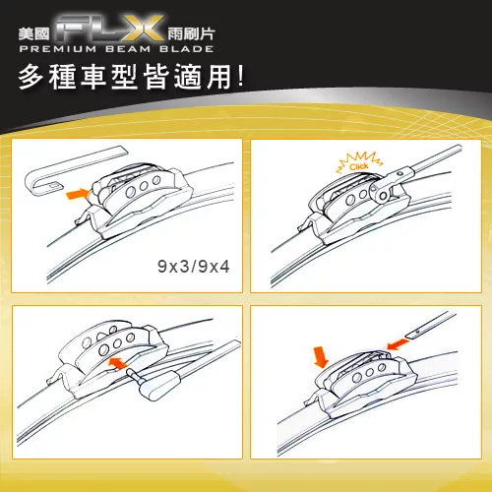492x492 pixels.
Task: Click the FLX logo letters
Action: (x=110, y=29)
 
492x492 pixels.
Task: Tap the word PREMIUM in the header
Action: (x=58, y=49)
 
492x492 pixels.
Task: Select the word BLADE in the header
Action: (x=187, y=49)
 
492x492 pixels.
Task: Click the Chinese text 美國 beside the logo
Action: (x=33, y=33)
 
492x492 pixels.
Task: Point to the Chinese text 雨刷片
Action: (x=191, y=33)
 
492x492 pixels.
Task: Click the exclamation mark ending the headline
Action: (x=241, y=78)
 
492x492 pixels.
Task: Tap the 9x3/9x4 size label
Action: (x=194, y=267)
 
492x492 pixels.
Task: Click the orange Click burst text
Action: (x=359, y=166)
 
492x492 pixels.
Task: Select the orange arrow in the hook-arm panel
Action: (x=78, y=194)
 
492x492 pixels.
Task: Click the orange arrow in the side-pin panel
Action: (x=117, y=363)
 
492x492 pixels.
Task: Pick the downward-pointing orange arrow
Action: (x=321, y=357)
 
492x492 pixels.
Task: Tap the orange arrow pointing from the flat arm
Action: (x=398, y=344)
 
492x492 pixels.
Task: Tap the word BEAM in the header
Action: (x=128, y=49)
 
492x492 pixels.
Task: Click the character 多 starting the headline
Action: (x=31, y=78)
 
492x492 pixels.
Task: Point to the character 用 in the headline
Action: (x=218, y=78)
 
